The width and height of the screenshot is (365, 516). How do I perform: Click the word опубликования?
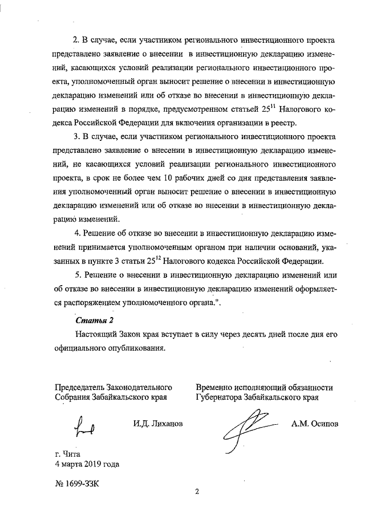pyautogui.click(x=135, y=348)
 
